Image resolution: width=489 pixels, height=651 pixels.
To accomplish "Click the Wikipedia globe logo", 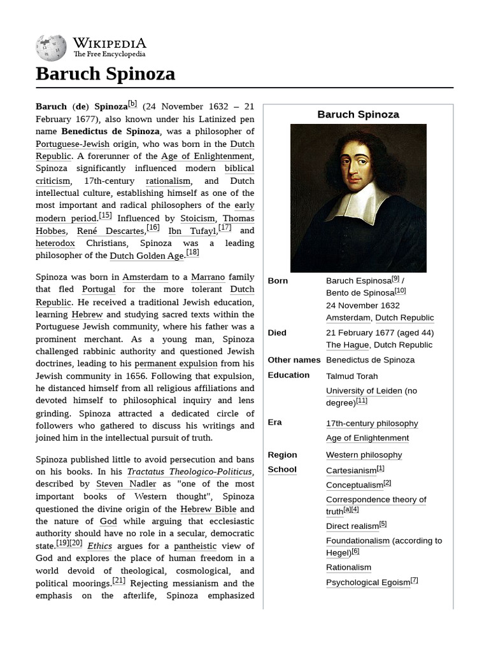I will pos(51,48).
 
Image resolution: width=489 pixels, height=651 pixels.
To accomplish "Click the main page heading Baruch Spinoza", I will pos(105,74).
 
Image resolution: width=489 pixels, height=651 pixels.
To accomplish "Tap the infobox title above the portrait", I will pos(358,114).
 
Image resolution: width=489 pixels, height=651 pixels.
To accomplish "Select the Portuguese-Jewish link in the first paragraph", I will pos(73,144).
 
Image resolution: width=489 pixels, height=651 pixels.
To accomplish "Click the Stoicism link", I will pos(197,219).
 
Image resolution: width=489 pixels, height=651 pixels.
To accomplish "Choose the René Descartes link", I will pos(111,231).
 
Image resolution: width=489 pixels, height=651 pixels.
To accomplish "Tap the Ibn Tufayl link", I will pos(192,231).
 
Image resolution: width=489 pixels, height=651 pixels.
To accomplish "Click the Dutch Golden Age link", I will pos(146,256).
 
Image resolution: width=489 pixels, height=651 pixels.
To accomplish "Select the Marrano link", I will pos(208,277).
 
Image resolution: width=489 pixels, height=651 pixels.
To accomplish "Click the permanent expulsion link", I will pos(176,364).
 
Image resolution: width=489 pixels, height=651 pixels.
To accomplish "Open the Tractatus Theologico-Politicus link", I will pos(190,472).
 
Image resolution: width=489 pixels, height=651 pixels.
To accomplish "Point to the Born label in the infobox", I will pos(278,280).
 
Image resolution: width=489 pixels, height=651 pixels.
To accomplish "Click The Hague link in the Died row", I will pos(348,345).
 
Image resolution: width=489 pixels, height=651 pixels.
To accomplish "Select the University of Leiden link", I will pos(364,391).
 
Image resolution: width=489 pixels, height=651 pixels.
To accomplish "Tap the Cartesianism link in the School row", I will pos(351,471).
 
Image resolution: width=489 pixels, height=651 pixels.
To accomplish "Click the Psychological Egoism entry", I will pos(368,582).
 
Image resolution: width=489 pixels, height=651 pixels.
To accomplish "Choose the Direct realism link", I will pos(352,526).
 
